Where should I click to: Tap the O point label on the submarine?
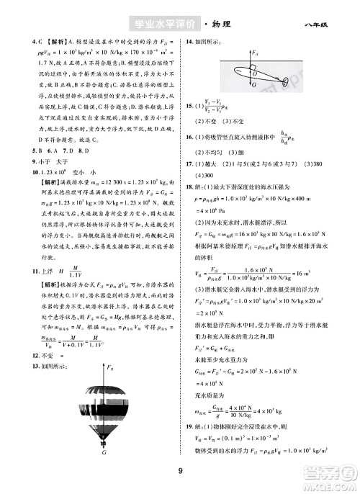250,71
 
